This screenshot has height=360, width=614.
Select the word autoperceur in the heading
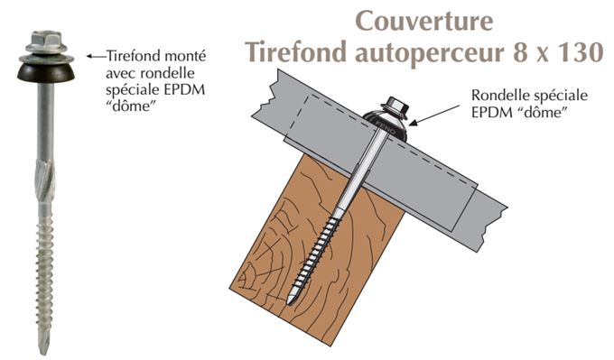click(437, 52)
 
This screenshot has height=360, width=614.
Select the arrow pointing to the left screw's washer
click(95, 54)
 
